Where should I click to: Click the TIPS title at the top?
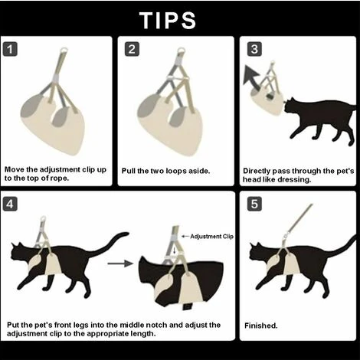pyautogui.click(x=168, y=20)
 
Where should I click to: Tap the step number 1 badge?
pyautogui.click(x=10, y=49)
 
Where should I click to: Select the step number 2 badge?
pyautogui.click(x=132, y=49)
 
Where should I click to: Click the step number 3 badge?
pyautogui.click(x=254, y=49)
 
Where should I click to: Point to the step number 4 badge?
pyautogui.click(x=10, y=204)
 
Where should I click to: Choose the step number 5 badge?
pyautogui.click(x=254, y=204)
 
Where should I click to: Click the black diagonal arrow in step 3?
pyautogui.click(x=251, y=77)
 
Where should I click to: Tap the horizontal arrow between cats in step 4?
pyautogui.click(x=120, y=263)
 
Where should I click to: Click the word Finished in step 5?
pyautogui.click(x=260, y=326)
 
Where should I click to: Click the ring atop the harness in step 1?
pyautogui.click(x=64, y=50)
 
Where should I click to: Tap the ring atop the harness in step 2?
pyautogui.click(x=182, y=50)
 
